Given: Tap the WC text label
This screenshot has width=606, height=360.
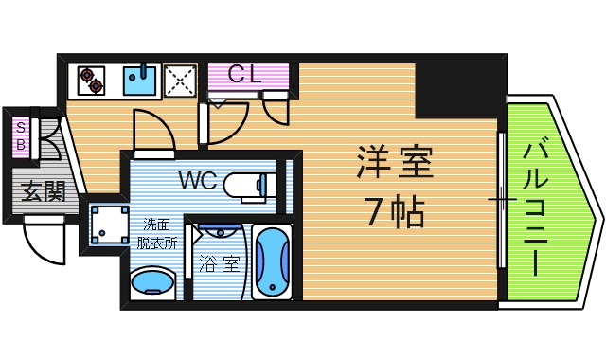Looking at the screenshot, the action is pos(201,180).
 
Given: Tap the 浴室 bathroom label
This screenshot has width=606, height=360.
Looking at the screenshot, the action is pos(219,264).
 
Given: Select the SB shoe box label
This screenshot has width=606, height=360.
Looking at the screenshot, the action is pos(21,136).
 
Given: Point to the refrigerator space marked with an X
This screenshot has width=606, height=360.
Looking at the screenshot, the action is pos(180,81).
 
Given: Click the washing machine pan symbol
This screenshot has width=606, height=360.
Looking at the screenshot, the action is pos(107,225).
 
